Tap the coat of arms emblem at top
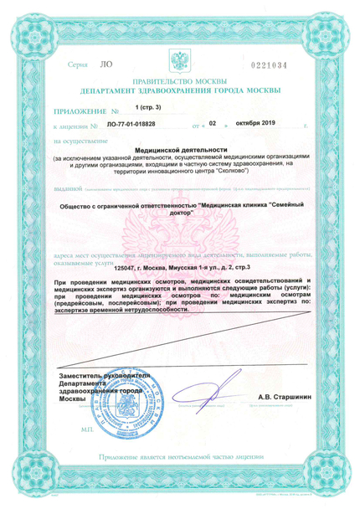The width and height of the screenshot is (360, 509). click(180, 61)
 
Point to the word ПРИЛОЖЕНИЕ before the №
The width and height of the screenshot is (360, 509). click(82, 110)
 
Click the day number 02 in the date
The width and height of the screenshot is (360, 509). click(213, 122)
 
